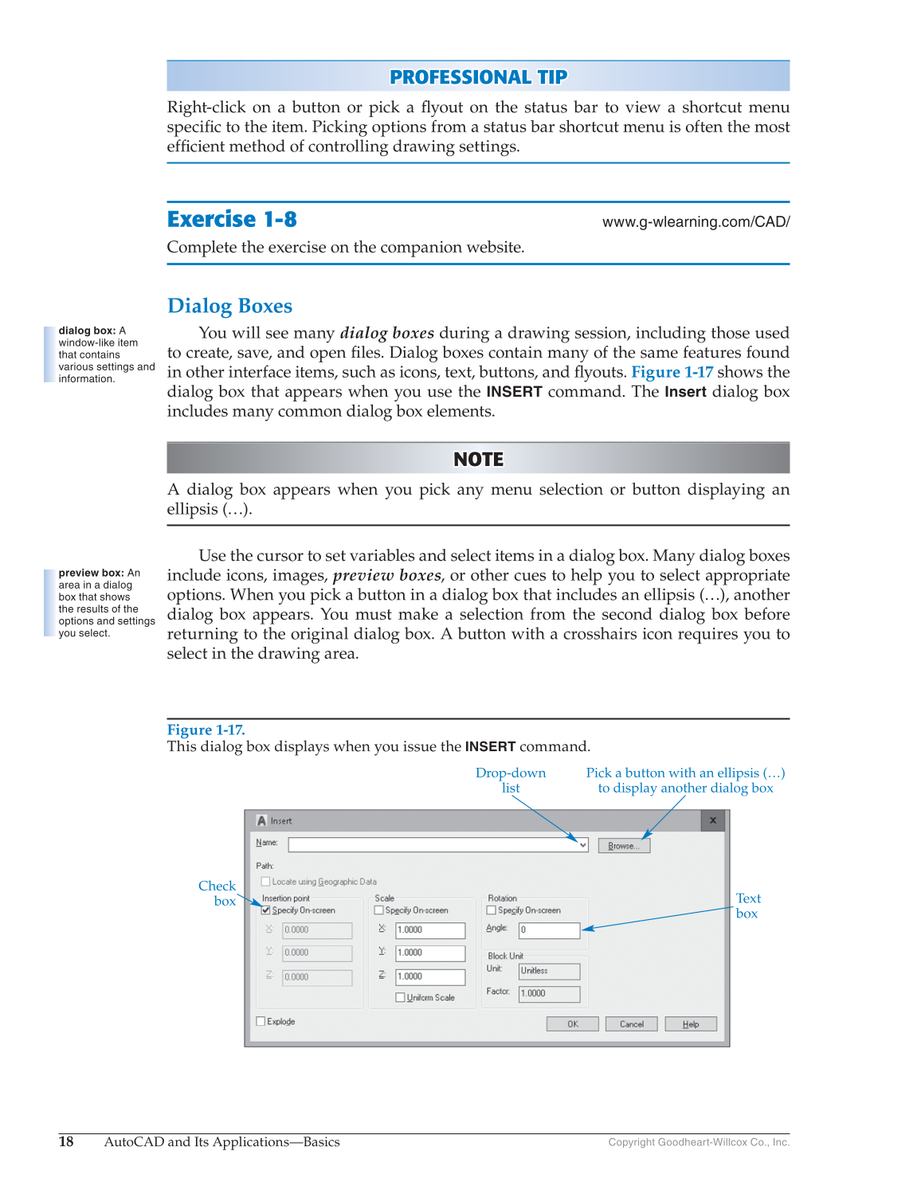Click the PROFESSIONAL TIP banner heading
coord(478,77)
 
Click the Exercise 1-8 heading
coord(232,219)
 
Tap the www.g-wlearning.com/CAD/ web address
coord(696,222)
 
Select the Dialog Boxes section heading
coord(229,306)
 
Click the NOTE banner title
coord(478,460)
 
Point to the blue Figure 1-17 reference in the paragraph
coord(672,372)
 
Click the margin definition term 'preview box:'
coord(90,573)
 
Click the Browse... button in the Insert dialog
coord(624,846)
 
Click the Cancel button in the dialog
coord(631,1024)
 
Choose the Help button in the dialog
coord(691,1024)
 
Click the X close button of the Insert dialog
coord(713,820)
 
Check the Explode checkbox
coord(261,1021)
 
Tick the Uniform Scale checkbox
coord(400,997)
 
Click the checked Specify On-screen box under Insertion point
coord(266,910)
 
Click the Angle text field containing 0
coord(549,929)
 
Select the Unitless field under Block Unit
coord(549,971)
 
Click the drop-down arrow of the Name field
coord(582,845)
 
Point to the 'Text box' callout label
coord(747,906)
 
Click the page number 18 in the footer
coord(66,1141)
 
